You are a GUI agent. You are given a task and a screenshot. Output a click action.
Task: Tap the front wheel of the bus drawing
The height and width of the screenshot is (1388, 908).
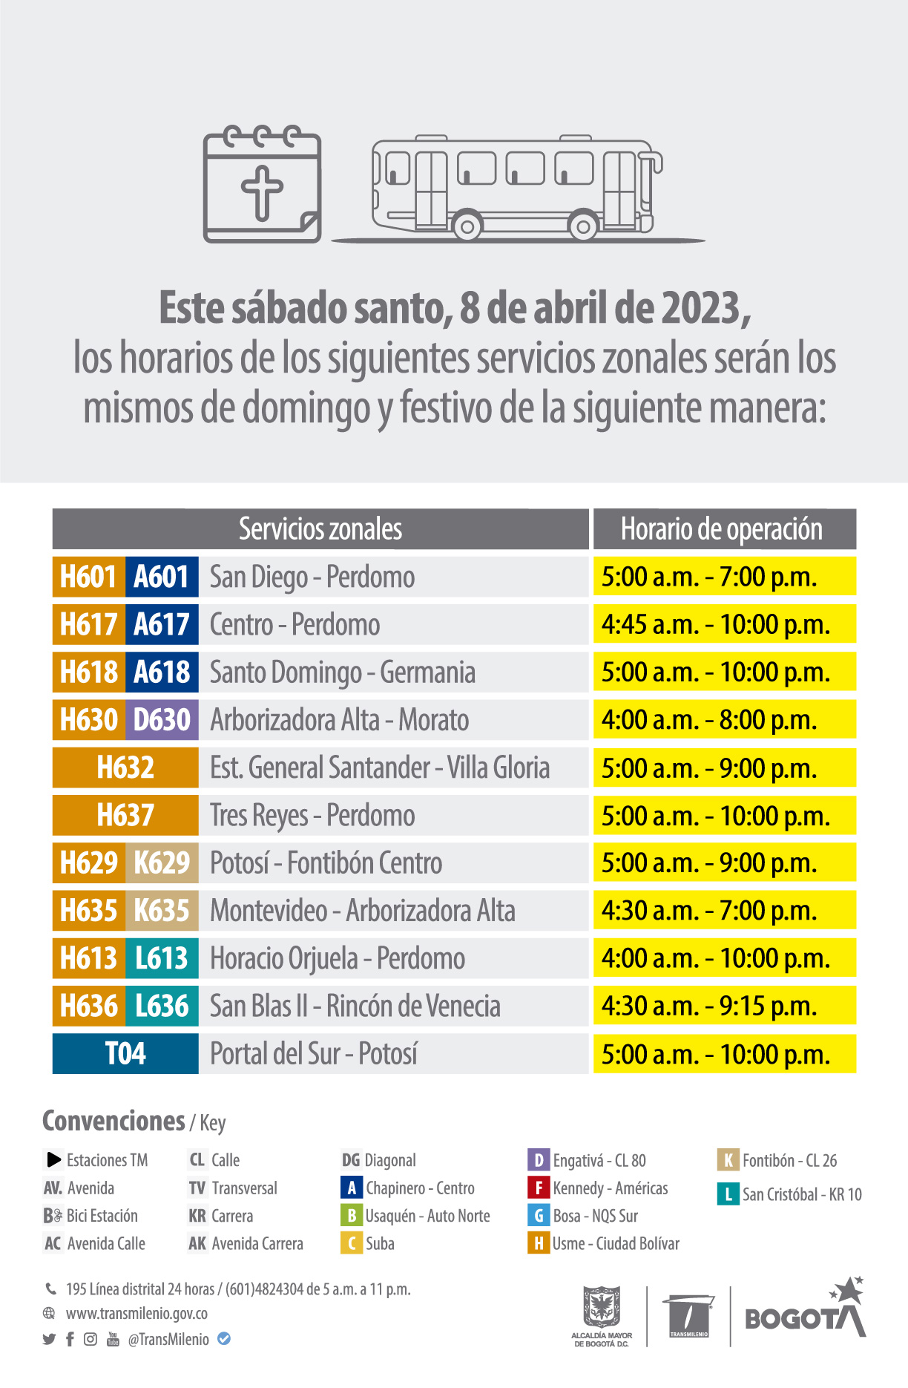[583, 226]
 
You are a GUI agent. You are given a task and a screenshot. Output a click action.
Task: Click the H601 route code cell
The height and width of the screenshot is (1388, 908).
[88, 577]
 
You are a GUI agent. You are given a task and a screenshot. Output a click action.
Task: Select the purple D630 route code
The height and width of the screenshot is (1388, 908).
[162, 720]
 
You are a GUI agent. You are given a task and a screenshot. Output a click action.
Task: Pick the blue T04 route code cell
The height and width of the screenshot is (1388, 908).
[125, 1053]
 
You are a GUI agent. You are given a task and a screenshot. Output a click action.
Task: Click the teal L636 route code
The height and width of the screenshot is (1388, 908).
[162, 1006]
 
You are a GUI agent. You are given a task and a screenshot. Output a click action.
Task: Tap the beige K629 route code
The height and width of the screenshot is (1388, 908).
[162, 862]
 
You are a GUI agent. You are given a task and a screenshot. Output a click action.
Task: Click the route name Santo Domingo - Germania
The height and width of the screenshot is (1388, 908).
[342, 672]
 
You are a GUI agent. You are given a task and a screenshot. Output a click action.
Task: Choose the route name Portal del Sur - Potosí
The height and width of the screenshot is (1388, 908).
[313, 1053]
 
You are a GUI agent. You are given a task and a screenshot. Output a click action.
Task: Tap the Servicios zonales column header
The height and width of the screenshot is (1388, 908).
[320, 529]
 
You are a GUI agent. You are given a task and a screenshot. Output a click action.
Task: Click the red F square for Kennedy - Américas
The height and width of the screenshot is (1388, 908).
[538, 1188]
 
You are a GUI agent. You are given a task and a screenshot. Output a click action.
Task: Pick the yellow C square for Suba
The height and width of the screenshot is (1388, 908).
[351, 1243]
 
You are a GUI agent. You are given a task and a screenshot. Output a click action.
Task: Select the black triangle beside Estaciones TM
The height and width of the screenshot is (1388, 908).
[53, 1159]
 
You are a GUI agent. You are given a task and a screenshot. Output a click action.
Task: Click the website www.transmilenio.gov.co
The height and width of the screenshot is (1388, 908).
[136, 1313]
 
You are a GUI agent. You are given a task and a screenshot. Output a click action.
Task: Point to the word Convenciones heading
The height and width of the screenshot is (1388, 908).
[113, 1121]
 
